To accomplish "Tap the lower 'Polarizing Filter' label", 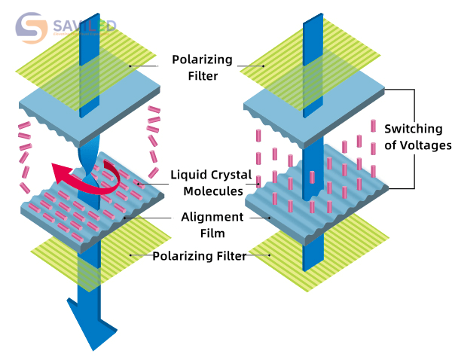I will pos(200,256).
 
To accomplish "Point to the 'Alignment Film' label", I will pos(212,225).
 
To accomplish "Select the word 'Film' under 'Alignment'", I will pos(212,233).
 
